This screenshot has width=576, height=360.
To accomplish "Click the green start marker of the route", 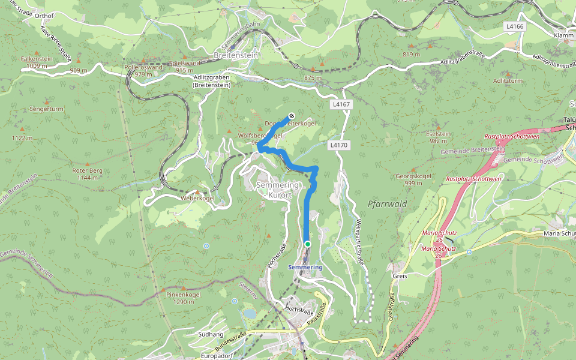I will pos(307,244).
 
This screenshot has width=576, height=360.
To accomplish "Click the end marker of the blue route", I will pos(291,115).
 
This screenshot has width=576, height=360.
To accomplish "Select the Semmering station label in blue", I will pos(305,267).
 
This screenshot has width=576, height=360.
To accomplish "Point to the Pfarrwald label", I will pos(387,204).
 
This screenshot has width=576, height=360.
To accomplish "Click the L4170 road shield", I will pos(338,145).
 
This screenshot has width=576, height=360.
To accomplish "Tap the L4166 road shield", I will pos(515,26).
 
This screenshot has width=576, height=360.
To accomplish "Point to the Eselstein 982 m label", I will pos(439,137).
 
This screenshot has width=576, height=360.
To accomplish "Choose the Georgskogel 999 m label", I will pos(413,179).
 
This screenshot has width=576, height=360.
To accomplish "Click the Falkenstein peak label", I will pos(33,62).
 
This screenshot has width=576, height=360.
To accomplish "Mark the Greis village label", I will pos(400,276).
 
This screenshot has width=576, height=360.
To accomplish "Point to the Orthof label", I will pos(44,16).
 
